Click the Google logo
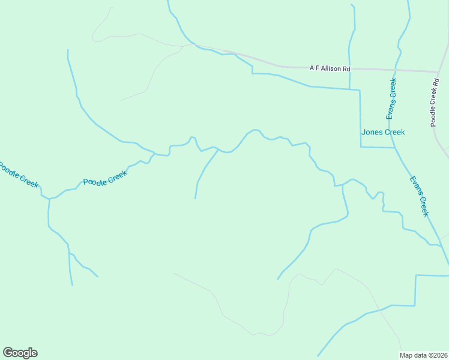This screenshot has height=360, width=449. pos(20,353)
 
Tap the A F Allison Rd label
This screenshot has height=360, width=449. pos(330,68)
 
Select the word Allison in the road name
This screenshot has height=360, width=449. pos(333,68)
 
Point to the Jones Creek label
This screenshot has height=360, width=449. pos(383,132)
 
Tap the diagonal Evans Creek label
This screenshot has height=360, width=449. pos(420,196)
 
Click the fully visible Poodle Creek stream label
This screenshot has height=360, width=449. pos(105,178)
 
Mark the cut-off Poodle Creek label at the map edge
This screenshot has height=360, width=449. pos(18,175)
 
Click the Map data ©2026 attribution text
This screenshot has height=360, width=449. pos(424,355)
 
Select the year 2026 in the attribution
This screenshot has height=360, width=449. pos(440,355)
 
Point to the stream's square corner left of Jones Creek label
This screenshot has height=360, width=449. pos(361,146)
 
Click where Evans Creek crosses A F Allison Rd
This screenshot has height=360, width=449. pos(397,70)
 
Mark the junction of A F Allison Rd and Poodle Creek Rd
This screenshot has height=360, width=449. pos(439,72)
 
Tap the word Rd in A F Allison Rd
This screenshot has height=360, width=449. pos(346,68)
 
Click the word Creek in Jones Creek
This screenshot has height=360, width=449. pos(394,132)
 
